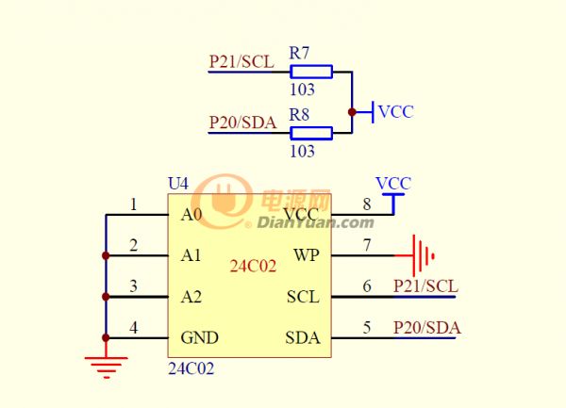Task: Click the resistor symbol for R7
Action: click(311, 72)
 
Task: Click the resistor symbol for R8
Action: click(311, 133)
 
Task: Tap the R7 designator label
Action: click(299, 53)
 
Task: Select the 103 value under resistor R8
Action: click(302, 151)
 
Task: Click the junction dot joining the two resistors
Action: click(352, 112)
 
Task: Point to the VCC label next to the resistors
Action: click(395, 112)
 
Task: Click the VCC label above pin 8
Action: click(393, 184)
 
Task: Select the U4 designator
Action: click(178, 184)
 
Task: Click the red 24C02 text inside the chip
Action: click(253, 266)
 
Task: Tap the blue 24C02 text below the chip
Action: click(191, 368)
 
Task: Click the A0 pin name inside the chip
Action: click(191, 215)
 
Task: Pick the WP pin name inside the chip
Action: click(307, 255)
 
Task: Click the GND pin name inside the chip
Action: click(200, 337)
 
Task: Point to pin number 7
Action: click(367, 245)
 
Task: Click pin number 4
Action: click(134, 328)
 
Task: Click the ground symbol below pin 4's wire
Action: click(106, 367)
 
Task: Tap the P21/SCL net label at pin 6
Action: click(425, 286)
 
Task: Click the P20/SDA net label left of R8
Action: click(243, 122)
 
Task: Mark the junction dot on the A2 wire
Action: click(106, 297)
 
